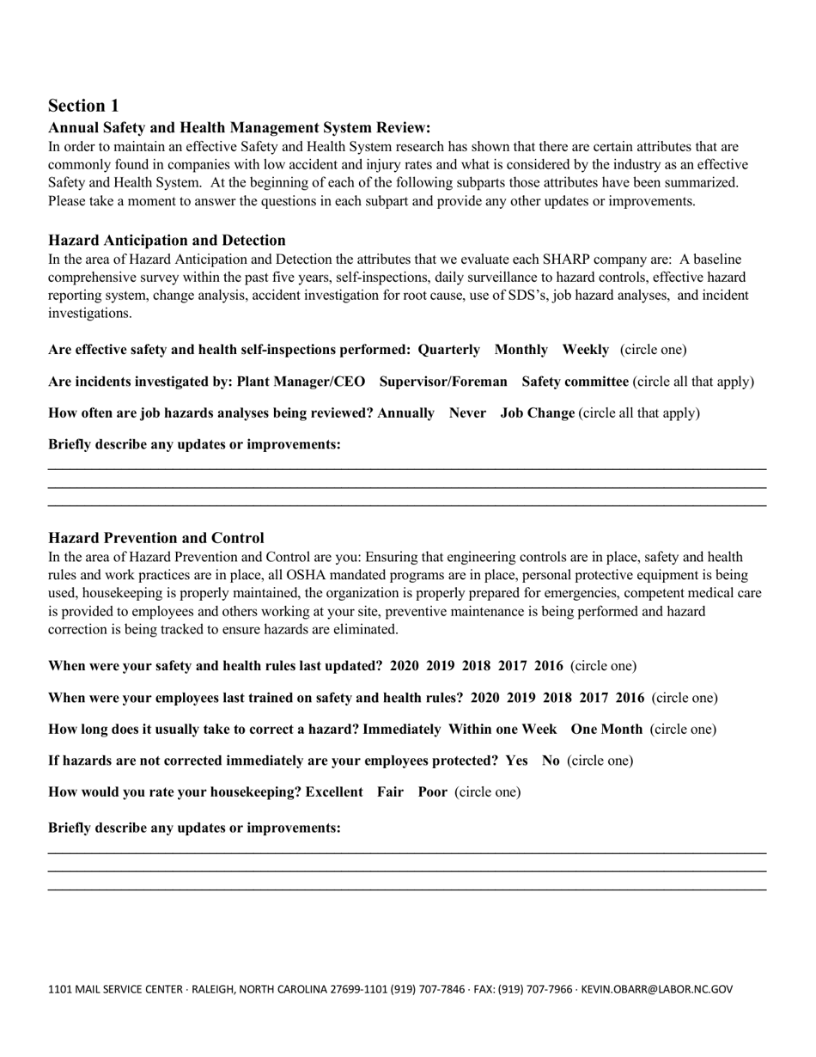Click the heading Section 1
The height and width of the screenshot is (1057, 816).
click(x=83, y=106)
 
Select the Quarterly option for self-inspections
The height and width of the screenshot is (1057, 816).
click(x=449, y=350)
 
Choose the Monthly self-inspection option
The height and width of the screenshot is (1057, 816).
click(x=521, y=350)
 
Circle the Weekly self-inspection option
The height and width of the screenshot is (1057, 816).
click(x=585, y=350)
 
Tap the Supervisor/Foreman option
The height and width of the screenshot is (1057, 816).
click(x=443, y=382)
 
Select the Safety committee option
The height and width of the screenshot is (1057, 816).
click(x=575, y=382)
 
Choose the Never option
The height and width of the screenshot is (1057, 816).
click(x=467, y=413)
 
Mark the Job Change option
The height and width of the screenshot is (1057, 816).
click(x=538, y=413)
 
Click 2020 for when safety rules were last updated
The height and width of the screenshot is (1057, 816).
click(x=405, y=666)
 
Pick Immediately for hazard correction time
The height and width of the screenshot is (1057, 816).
click(x=401, y=730)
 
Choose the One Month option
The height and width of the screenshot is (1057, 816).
click(x=606, y=730)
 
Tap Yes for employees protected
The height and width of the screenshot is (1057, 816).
click(x=516, y=761)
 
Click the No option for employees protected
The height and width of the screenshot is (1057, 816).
click(x=551, y=761)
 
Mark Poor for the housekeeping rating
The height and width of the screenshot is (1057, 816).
click(x=432, y=792)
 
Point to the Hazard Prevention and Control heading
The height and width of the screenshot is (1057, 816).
click(x=156, y=538)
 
